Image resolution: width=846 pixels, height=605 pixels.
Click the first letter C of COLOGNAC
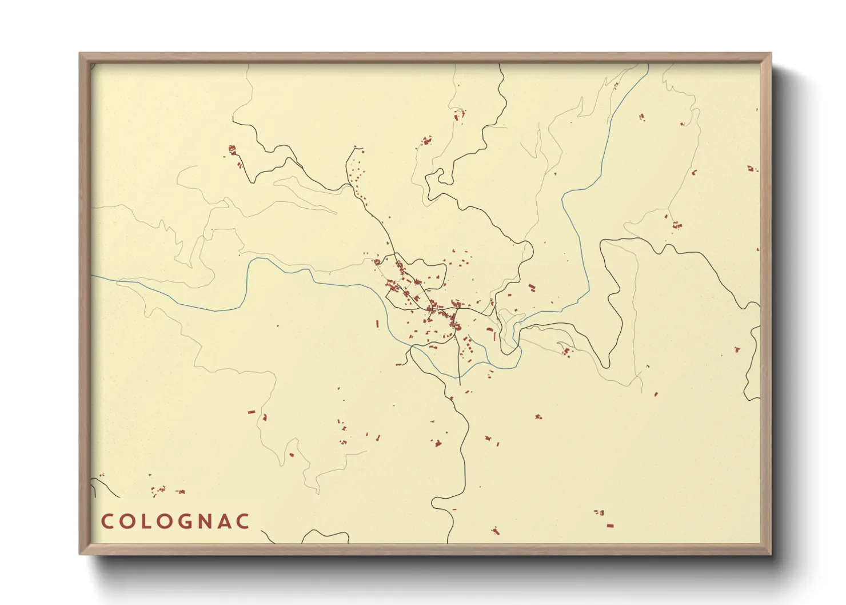tap(107, 522)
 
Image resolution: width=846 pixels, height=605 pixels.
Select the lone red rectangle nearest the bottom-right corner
tap(610, 525)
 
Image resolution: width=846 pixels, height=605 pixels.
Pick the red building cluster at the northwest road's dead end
tap(232, 150)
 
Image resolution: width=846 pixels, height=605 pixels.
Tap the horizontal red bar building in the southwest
tap(250, 412)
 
